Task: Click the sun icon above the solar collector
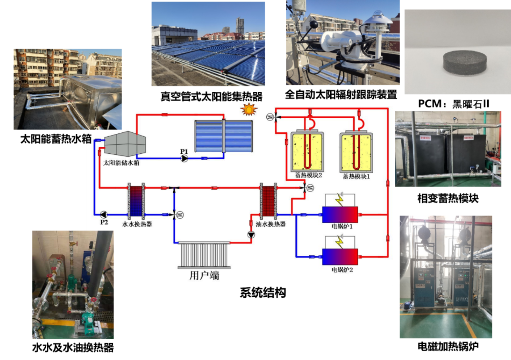click(249, 109)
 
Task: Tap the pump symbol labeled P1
click(184, 158)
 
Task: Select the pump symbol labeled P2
click(103, 214)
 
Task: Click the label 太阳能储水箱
click(121, 163)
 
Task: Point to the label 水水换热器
click(137, 224)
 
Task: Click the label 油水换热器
click(270, 224)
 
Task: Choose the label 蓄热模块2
click(308, 175)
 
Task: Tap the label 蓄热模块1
click(356, 176)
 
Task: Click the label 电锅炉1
click(342, 226)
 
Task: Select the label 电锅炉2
click(342, 270)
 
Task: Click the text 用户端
click(204, 275)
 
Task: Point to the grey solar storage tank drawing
click(125, 143)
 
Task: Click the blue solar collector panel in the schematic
click(224, 136)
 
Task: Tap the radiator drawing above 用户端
click(204, 255)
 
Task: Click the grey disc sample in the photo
click(465, 63)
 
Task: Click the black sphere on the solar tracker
click(314, 24)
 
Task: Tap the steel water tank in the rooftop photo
click(93, 99)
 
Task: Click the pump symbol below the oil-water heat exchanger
click(251, 235)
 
